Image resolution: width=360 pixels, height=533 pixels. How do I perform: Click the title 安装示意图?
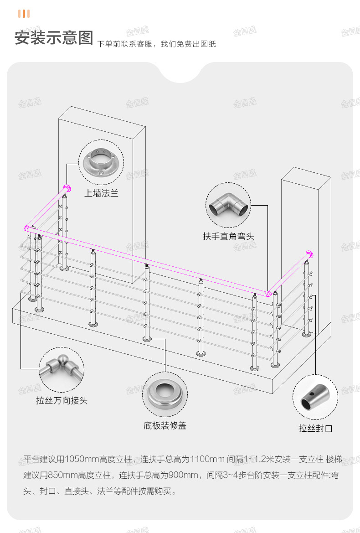(x=54, y=37)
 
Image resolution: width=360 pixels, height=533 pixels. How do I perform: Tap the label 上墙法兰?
(x=101, y=193)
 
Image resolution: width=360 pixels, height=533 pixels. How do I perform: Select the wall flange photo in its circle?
(x=101, y=162)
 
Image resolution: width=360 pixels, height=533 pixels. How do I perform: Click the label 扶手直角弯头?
(x=228, y=236)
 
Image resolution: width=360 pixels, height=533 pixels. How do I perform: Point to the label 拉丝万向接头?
(x=62, y=401)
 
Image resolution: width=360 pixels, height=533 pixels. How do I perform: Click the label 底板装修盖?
(x=165, y=426)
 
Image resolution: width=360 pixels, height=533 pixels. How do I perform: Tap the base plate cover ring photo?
(x=165, y=394)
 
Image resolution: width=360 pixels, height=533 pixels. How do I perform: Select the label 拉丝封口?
(x=315, y=428)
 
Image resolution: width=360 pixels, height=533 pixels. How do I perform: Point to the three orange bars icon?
(x=24, y=14)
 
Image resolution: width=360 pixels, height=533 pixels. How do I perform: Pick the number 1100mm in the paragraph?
(x=207, y=459)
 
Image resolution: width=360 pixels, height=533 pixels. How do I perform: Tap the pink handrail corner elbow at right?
(x=269, y=294)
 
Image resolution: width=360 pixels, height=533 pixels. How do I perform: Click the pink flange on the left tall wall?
(x=67, y=188)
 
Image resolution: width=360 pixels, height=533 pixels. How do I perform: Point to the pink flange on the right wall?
(x=309, y=253)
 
